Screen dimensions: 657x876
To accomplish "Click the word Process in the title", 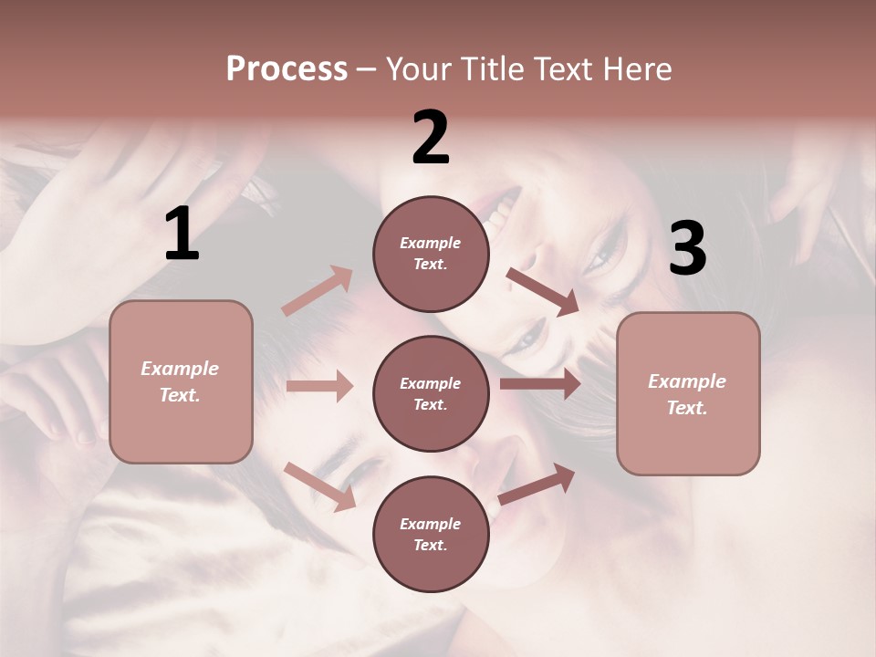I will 287,68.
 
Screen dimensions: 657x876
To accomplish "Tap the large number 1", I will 182,234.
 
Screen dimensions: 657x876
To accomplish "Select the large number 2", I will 431,138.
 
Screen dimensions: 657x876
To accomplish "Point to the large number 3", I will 687,248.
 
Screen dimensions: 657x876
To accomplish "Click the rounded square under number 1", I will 181,381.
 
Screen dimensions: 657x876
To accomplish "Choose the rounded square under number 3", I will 688,393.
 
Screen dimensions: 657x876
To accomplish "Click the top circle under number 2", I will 431,254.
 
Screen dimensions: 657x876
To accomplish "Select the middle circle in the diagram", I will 431,393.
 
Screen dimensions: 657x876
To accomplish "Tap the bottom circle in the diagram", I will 431,534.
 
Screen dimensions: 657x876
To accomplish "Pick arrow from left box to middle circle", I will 319,386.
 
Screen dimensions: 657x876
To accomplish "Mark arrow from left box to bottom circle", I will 319,486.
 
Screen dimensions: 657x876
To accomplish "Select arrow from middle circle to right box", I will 540,384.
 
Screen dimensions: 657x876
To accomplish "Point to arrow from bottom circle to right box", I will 537,485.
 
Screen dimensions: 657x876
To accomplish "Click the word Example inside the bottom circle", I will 431,524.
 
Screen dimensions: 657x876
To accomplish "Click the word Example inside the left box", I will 180,369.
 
